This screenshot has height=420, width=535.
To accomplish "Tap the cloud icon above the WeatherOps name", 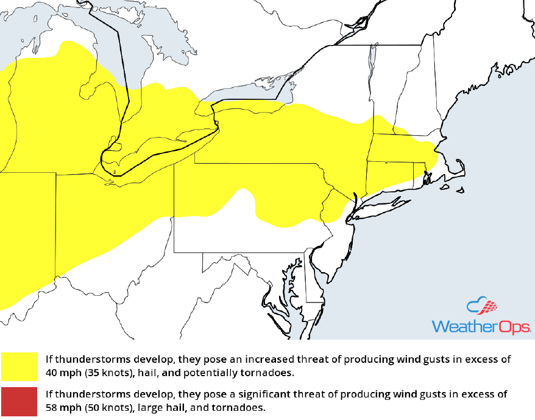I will point(481,307).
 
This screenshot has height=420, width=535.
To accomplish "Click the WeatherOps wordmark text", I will point(481,326).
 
